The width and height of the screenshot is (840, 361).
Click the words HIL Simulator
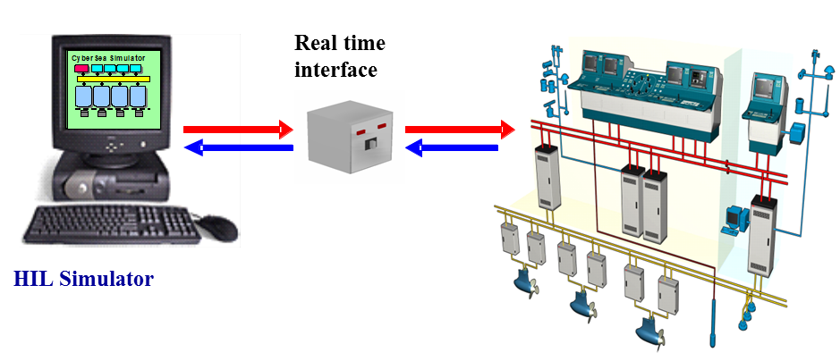pyautogui.click(x=84, y=279)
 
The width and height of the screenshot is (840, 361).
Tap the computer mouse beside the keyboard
pyautogui.click(x=217, y=227)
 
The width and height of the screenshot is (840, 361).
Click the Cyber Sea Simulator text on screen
pyautogui.click(x=107, y=57)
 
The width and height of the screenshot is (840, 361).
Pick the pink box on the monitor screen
pyautogui.click(x=81, y=68)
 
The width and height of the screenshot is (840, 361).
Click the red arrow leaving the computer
pyautogui.click(x=238, y=130)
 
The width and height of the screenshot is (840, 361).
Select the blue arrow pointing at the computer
pyautogui.click(x=238, y=148)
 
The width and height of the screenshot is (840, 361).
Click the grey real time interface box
pyautogui.click(x=349, y=137)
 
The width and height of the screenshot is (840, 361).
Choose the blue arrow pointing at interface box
pyautogui.click(x=453, y=148)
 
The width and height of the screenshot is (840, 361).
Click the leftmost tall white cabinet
pyautogui.click(x=547, y=176)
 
